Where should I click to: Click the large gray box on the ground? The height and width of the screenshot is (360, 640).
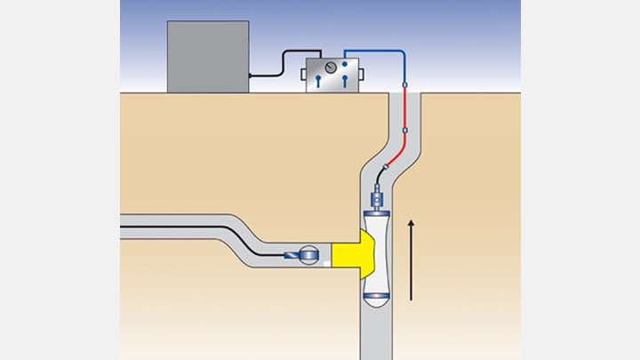pos(206,56)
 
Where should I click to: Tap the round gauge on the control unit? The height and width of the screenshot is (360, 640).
pos(331,68)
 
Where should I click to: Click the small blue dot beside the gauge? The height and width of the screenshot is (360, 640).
pos(345,64)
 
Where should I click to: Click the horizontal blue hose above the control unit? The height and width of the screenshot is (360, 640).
pos(373,51)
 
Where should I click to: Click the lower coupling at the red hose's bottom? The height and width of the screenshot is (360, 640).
pos(405,130)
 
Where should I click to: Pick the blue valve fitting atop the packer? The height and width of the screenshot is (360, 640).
pos(375,196)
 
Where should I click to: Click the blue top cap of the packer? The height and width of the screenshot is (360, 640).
pos(376,212)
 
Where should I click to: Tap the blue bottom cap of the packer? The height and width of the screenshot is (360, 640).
pos(376,295)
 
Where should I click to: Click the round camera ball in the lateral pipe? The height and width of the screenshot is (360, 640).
pos(309,255)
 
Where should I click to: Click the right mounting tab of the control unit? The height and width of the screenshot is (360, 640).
pos(361,74)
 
